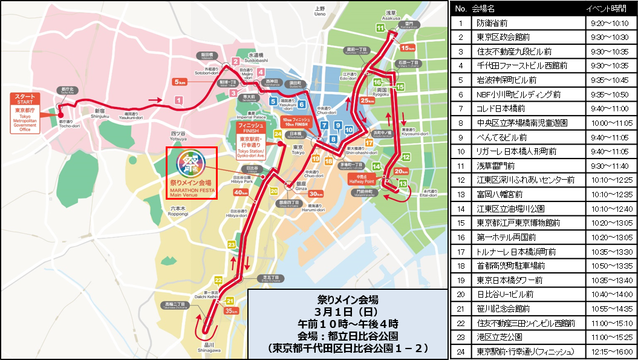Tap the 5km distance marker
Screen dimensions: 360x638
180,82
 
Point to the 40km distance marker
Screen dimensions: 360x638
241,192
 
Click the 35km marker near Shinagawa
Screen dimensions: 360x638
231,310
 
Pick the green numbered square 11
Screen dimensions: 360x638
380,28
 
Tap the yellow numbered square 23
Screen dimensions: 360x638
231,244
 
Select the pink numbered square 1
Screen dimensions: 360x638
178,100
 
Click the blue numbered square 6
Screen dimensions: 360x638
301,105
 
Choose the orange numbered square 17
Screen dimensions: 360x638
368,142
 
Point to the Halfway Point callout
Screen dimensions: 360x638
362,178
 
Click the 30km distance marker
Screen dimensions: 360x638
316,194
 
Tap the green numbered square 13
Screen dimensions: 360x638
403,182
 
